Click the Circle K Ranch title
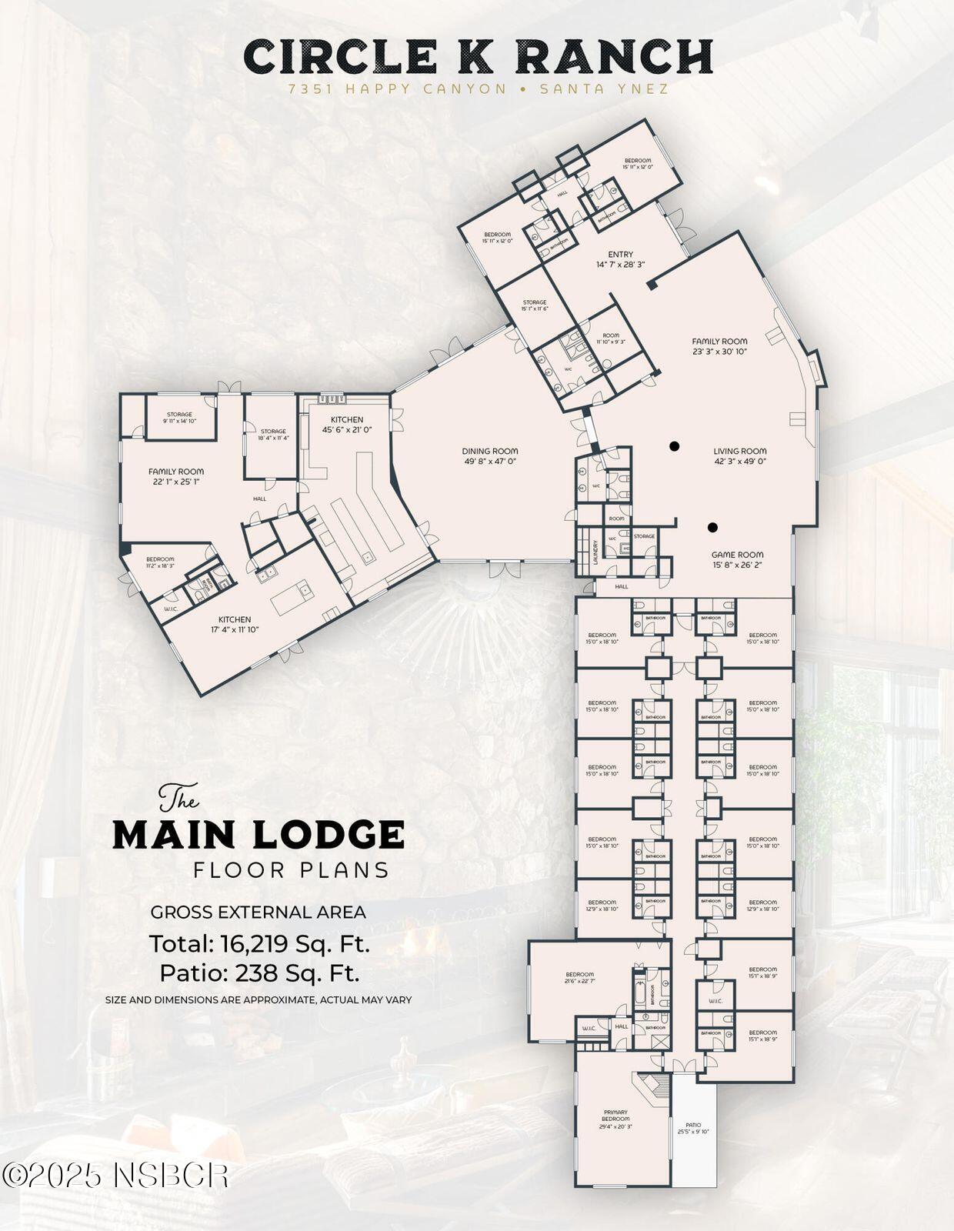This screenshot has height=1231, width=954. (478, 57)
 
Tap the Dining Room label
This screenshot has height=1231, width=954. (490, 455)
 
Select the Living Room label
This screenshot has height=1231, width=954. (739, 455)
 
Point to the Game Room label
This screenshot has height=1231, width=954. (737, 559)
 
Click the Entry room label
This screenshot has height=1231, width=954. (620, 259)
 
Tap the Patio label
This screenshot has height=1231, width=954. (693, 1127)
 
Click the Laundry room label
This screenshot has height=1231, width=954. (595, 552)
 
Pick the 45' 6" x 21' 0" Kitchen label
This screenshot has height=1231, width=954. (347, 425)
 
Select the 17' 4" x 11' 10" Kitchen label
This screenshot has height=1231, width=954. (235, 624)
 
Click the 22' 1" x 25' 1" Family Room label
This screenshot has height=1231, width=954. (176, 476)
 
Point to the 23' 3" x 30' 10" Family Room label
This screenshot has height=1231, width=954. (719, 346)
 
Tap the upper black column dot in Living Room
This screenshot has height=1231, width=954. (674, 445)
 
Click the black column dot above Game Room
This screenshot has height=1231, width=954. (712, 527)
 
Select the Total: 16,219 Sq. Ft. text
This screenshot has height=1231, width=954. (259, 943)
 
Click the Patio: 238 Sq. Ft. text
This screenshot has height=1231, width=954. (259, 973)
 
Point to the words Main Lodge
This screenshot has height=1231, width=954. (259, 835)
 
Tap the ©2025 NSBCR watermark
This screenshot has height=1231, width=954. (115, 1175)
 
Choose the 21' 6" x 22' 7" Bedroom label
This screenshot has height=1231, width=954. (579, 978)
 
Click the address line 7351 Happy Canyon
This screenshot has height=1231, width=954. (397, 89)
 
